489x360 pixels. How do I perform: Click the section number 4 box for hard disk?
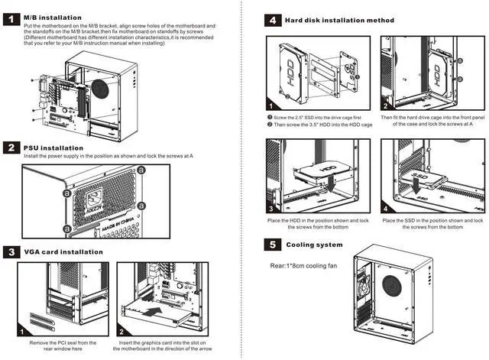coord(272,20)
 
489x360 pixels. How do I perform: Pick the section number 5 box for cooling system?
coord(272,245)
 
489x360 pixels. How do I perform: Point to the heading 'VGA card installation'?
coord(63,251)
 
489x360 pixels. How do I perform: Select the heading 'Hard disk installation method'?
coord(339,20)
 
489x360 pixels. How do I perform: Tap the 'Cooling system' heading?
coord(314,245)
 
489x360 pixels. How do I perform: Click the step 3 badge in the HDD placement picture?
coord(271,207)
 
